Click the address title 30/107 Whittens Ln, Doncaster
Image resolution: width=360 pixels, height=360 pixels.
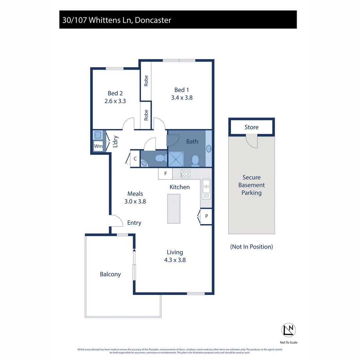(117, 20)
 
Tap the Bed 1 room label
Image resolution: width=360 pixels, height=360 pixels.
(182, 90)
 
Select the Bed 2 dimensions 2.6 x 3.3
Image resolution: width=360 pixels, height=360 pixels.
(115, 101)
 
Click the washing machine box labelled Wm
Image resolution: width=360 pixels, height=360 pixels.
(98, 146)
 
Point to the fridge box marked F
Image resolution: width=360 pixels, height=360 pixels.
(165, 174)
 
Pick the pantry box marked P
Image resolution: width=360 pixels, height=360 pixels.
(206, 216)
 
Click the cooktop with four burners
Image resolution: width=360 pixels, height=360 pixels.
(185, 174)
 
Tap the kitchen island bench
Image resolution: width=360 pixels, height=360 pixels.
(174, 209)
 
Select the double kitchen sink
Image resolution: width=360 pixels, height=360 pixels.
(206, 189)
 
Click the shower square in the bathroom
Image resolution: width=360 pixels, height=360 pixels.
(175, 159)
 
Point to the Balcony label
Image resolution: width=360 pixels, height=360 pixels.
(110, 274)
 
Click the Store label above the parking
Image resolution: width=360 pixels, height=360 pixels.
(251, 127)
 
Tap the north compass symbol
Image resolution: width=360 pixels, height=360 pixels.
(289, 330)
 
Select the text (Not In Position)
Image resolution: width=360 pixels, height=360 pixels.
(251, 247)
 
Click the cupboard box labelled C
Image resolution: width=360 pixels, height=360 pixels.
(135, 159)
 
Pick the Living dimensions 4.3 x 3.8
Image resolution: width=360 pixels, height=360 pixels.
(175, 260)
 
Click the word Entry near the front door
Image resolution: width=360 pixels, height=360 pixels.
(134, 223)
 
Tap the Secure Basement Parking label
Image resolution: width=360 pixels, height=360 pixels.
(251, 185)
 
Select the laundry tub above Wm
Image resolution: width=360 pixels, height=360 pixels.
(98, 135)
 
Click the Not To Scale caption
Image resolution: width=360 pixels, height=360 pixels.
(289, 342)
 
